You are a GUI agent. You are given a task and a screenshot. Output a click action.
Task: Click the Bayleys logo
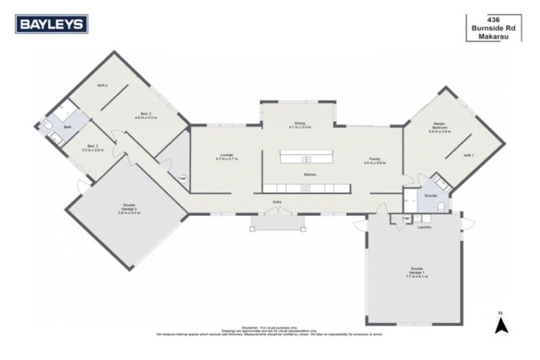click(53, 24)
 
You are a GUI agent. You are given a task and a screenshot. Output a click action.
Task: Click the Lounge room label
click(226, 157)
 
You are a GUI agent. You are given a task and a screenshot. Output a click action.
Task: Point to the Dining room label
click(300, 125)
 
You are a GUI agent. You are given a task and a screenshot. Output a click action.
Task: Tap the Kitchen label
click(309, 174)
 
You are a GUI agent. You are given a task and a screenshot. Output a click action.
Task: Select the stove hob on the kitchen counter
click(306, 188)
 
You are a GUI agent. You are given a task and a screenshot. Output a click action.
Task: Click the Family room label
click(374, 160)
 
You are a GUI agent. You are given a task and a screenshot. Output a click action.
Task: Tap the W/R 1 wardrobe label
click(468, 155)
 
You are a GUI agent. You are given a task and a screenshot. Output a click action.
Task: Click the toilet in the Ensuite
click(439, 206)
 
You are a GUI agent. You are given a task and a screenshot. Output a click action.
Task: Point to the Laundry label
click(423, 227)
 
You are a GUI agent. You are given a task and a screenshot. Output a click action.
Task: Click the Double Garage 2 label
click(130, 209)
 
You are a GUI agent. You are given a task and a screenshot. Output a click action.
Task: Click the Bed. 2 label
click(146, 115)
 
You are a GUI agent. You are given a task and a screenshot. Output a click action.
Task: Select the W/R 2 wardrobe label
click(102, 85)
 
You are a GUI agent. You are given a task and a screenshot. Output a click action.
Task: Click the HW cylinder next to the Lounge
click(182, 179)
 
